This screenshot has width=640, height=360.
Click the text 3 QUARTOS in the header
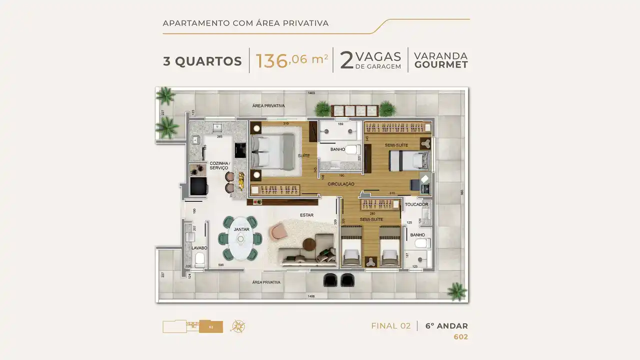(202, 61)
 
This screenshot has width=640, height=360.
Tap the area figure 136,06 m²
(291, 60)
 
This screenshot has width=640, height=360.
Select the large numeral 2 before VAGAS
(346, 60)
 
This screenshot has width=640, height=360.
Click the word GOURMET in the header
(440, 65)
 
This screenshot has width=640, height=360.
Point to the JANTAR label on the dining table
(241, 229)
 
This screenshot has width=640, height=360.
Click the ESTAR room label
(306, 215)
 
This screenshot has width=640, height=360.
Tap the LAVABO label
(199, 248)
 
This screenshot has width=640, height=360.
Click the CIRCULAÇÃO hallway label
(341, 184)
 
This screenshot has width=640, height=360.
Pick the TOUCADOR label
(416, 204)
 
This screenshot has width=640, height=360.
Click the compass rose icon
(237, 326)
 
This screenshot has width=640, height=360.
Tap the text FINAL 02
(390, 326)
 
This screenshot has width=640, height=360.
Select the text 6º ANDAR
(446, 326)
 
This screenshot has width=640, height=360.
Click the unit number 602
(460, 337)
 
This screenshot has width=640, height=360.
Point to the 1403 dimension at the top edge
(311, 93)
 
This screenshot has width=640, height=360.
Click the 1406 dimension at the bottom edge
(311, 297)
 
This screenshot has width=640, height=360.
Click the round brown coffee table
(310, 244)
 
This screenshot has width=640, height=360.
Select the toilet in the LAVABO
(199, 259)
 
